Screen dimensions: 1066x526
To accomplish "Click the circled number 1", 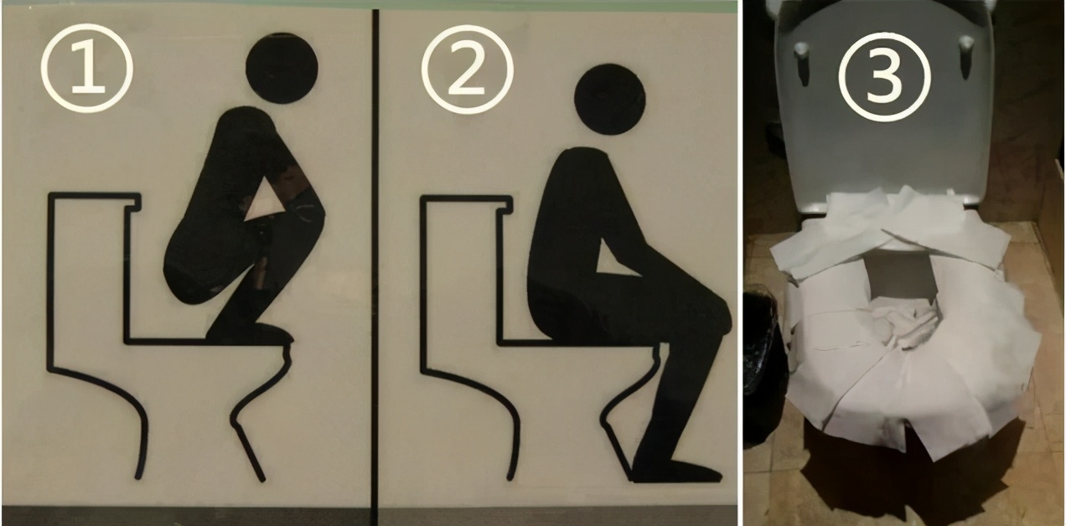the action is pos(87,68).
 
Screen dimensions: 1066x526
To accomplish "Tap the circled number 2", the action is pos(468,70).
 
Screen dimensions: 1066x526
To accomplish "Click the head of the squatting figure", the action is pos(282,68).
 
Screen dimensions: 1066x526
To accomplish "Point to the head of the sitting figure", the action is pos(610,100).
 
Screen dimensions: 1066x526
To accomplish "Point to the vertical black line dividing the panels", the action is pos(375,266).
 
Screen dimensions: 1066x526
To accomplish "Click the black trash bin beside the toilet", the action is pos(763,366).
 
